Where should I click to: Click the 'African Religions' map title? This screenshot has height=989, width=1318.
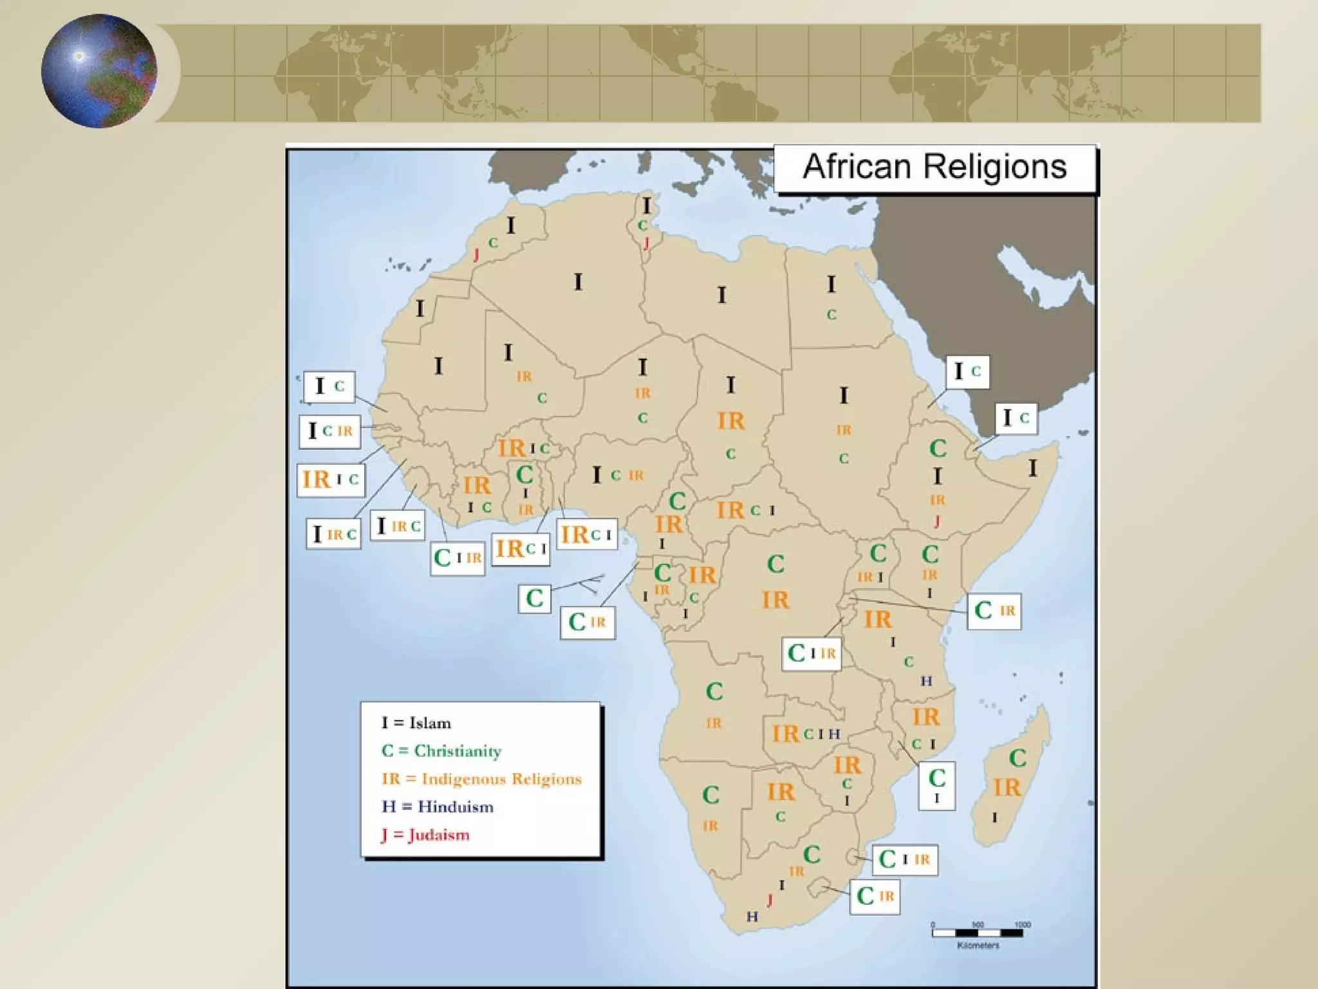934,167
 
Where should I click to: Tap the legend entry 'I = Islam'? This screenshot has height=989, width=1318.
416,723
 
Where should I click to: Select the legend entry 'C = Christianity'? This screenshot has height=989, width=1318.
441,751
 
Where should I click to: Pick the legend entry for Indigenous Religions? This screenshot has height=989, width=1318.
481,779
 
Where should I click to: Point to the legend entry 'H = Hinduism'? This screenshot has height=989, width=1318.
438,807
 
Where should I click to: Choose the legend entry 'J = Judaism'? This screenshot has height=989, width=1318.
425,835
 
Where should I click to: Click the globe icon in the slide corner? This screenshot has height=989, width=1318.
99,71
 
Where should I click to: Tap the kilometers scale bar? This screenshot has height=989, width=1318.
978,932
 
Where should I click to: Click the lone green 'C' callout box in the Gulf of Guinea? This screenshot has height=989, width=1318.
535,599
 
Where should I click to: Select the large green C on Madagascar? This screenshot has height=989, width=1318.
1017,758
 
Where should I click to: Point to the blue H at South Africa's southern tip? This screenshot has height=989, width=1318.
752,916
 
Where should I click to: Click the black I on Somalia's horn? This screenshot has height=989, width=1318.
1033,468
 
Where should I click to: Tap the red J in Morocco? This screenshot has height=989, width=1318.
476,255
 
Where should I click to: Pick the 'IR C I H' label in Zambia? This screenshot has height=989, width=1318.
806,733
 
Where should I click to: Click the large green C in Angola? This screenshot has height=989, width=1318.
714,692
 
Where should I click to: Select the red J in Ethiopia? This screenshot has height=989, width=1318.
937,522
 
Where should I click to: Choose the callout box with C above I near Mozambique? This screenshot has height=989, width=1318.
936,785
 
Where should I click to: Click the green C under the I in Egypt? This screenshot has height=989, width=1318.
831,315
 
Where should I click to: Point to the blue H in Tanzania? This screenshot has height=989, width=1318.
926,681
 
